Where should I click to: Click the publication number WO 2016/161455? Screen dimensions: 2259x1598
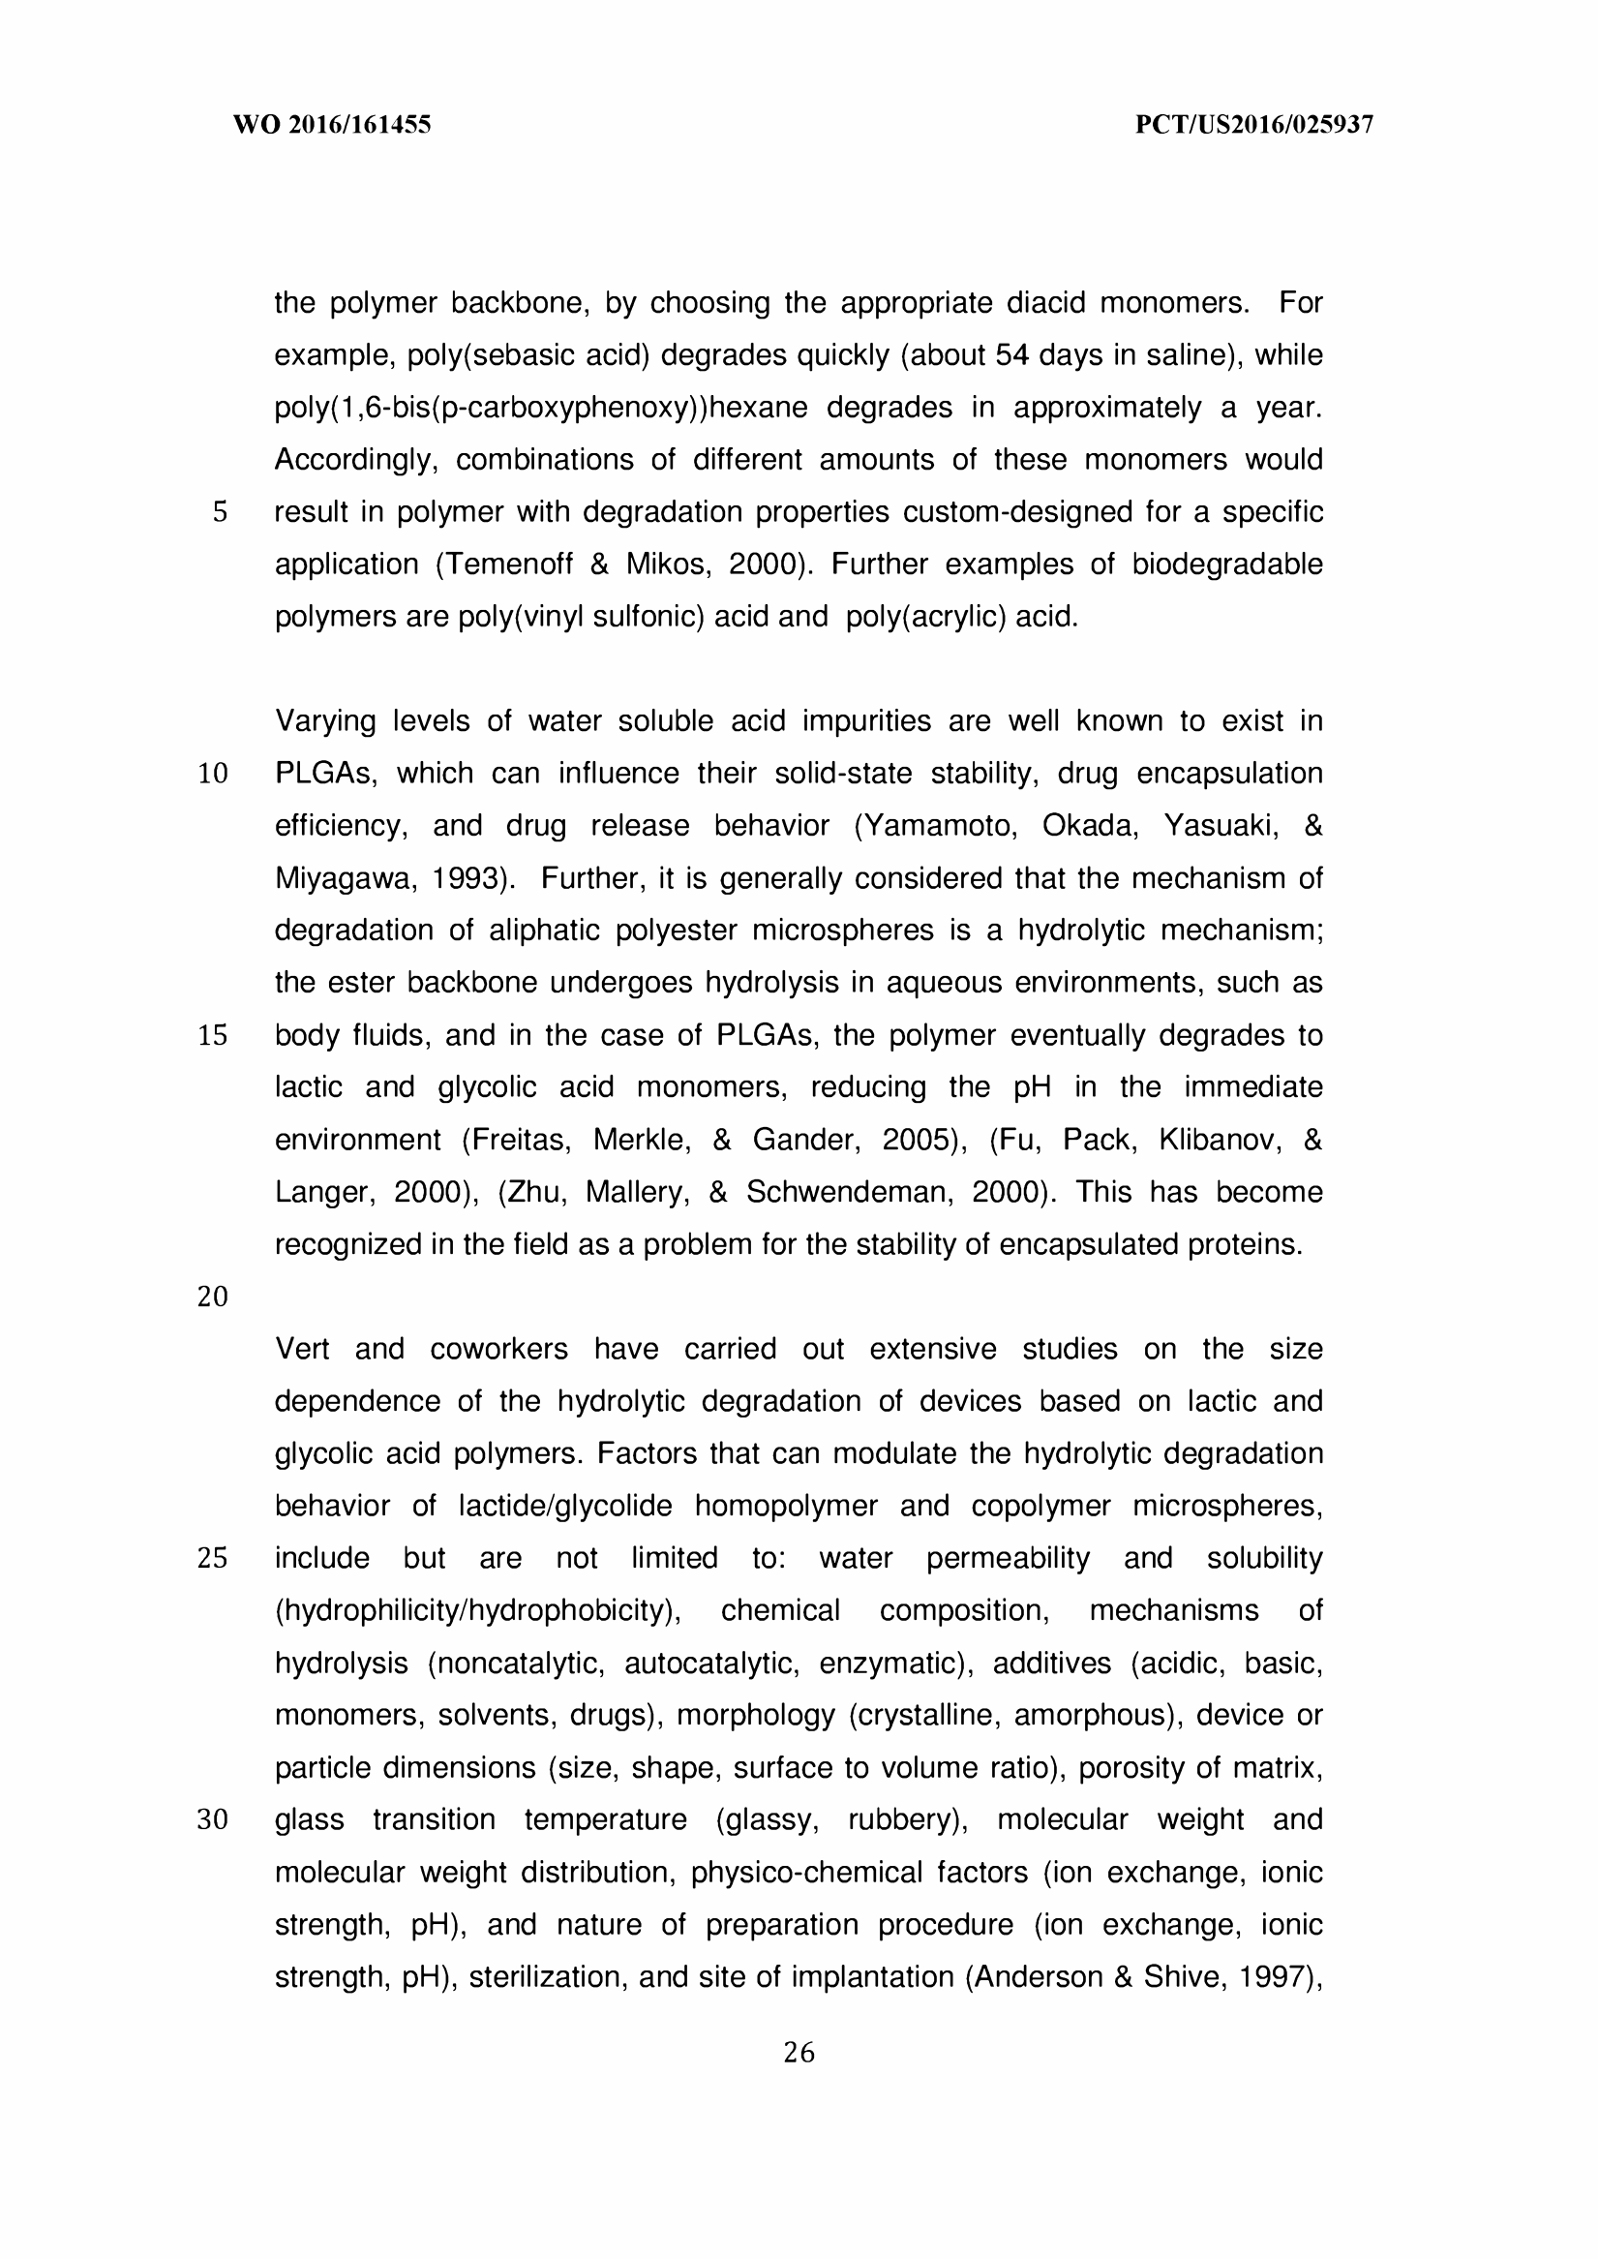point(332,125)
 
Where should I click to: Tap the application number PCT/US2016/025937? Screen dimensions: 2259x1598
point(1253,125)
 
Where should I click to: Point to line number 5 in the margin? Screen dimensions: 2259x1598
point(220,513)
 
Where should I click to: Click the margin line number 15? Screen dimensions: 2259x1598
point(213,1035)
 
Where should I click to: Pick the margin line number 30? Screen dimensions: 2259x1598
point(213,1820)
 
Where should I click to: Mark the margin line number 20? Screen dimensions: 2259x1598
point(213,1297)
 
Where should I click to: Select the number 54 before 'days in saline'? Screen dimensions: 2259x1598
point(1011,355)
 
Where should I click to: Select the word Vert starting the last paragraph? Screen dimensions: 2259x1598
point(302,1349)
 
